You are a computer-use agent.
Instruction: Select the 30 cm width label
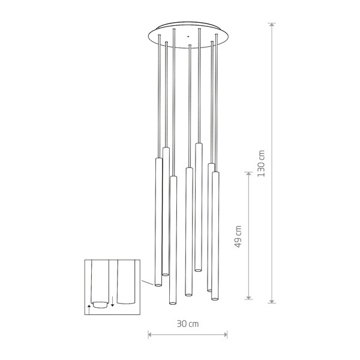pyautogui.click(x=188, y=323)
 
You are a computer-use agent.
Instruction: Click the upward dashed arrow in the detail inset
pyautogui.click(x=89, y=308)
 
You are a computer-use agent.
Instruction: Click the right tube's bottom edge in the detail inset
pyautogui.click(x=126, y=303)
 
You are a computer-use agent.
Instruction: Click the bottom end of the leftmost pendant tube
pyautogui.click(x=158, y=284)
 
